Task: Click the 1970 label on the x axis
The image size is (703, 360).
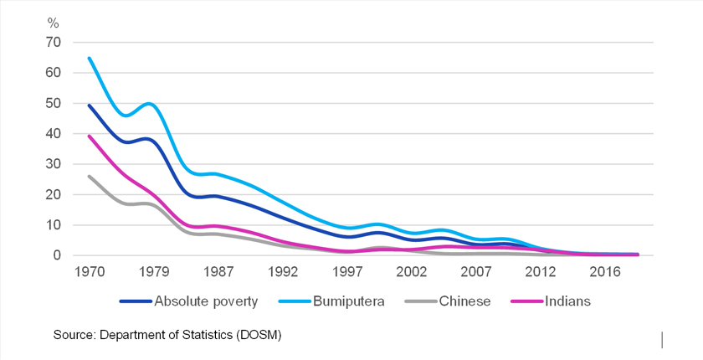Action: (88, 274)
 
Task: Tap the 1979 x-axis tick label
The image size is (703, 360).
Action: (153, 274)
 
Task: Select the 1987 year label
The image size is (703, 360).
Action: (218, 274)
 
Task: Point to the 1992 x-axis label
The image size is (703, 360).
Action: (284, 274)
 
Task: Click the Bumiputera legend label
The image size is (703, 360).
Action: (346, 301)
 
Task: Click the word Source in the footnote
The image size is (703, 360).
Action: (74, 335)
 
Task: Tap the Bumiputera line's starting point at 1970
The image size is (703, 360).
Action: (88, 58)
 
